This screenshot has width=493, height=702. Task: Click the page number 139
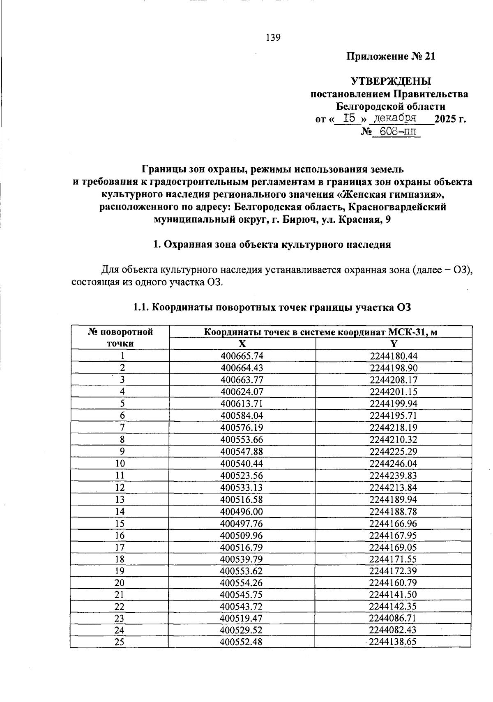(273, 38)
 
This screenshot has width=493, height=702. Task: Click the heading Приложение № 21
(390, 56)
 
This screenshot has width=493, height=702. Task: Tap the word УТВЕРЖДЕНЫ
(391, 81)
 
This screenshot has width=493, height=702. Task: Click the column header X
(242, 344)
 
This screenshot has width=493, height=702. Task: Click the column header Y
(394, 344)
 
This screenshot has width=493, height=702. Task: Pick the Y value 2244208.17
(393, 380)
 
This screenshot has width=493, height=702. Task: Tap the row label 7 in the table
(120, 427)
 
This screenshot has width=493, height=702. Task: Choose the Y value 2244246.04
(393, 464)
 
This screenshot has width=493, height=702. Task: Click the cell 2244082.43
(393, 630)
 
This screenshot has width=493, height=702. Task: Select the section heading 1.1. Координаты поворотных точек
(272, 307)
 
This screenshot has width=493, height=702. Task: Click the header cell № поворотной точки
(120, 337)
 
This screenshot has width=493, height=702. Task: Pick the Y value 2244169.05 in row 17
(393, 547)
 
